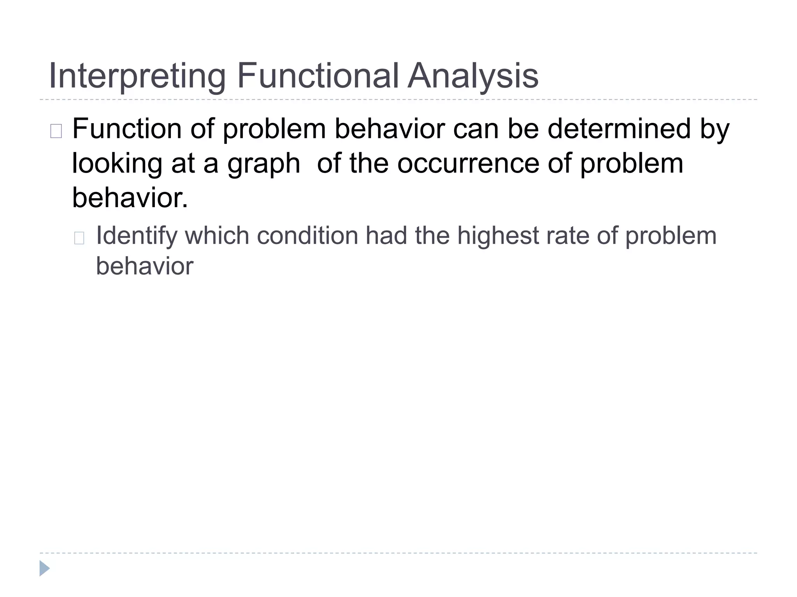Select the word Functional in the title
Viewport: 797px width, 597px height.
tap(318, 75)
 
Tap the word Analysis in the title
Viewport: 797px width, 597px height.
tap(473, 76)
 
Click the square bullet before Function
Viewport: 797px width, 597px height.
tap(56, 131)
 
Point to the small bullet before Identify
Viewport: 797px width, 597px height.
tap(79, 238)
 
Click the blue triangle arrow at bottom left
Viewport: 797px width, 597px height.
tap(44, 568)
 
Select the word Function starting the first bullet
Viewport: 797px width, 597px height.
tap(127, 129)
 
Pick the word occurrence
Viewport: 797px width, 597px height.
tap(468, 163)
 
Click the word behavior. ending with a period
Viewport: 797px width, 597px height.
tap(130, 197)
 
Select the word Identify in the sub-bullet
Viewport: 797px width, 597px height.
tap(136, 236)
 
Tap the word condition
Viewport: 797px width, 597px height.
tap(307, 236)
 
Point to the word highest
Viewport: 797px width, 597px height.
tap(498, 236)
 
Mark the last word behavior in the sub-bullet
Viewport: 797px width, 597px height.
tap(144, 266)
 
